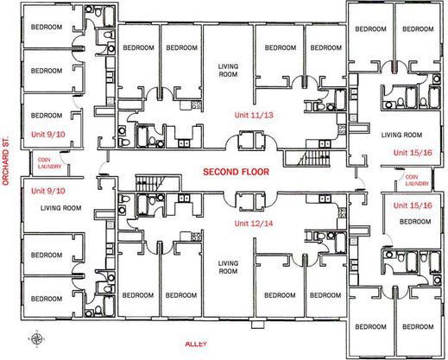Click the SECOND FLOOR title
pos(236,172)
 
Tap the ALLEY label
pos(196,344)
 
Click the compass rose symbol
pos(36,338)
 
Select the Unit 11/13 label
pos(254,115)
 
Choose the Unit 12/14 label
pos(254,224)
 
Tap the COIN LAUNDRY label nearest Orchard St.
pos(49,163)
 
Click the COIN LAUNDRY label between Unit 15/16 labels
pos(417,180)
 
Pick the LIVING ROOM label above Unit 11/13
pos(228,71)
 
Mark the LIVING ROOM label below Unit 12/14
pos(228,268)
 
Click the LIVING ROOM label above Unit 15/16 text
pos(401,135)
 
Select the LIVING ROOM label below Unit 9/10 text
pos(60,208)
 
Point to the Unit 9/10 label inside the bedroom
pos(48,134)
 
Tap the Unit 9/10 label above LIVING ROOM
pos(48,191)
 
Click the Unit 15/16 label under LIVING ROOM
pos(413,153)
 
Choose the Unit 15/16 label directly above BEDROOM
pos(413,205)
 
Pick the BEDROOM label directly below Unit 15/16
pos(415,222)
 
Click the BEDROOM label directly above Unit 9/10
pos(47,116)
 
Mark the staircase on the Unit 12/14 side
pos(151,183)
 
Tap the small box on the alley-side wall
pos(257,325)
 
